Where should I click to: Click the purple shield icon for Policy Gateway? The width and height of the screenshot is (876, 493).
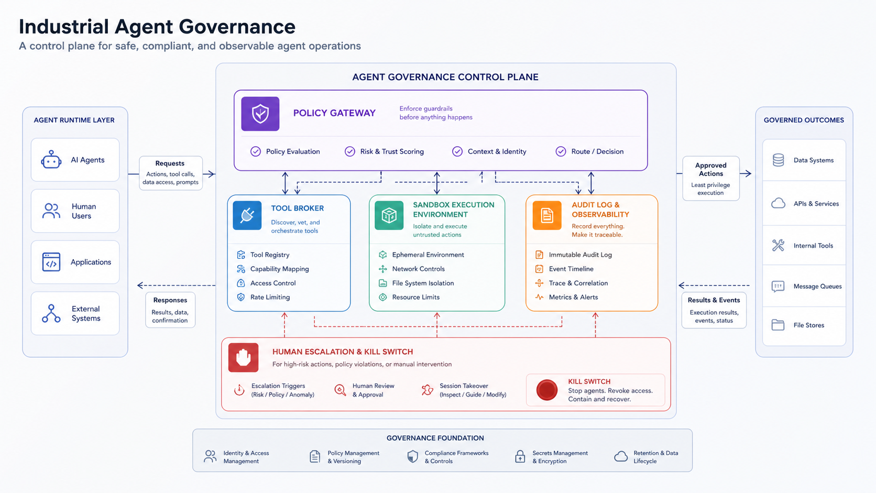point(260,114)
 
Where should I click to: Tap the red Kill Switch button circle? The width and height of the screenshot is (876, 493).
point(547,390)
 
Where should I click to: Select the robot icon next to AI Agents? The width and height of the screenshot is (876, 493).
point(51,159)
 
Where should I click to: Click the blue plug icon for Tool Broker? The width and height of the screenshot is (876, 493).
point(247,215)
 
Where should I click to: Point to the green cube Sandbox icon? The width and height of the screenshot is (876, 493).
point(389,215)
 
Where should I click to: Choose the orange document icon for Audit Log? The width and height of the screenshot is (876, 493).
point(547,215)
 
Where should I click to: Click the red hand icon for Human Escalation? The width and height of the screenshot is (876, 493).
point(243,357)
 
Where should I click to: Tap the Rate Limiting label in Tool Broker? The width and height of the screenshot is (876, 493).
point(270,297)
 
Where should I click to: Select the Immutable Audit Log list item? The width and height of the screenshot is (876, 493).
point(581,255)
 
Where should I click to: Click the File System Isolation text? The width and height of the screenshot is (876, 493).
point(423,283)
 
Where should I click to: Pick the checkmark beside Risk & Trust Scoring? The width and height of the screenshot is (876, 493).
point(349,151)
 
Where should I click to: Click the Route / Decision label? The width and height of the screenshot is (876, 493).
point(597,151)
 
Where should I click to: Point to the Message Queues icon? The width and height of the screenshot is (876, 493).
point(778,287)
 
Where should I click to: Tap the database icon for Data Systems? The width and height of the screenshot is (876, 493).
point(778,160)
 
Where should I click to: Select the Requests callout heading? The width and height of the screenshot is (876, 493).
point(170,163)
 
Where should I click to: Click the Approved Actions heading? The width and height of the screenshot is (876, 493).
point(710,169)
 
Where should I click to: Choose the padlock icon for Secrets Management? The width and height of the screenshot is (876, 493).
point(520,456)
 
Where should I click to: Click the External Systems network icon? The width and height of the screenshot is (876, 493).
point(51,313)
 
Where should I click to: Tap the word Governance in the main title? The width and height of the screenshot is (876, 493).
point(237,27)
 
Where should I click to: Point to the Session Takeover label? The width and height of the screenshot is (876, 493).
point(464,386)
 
